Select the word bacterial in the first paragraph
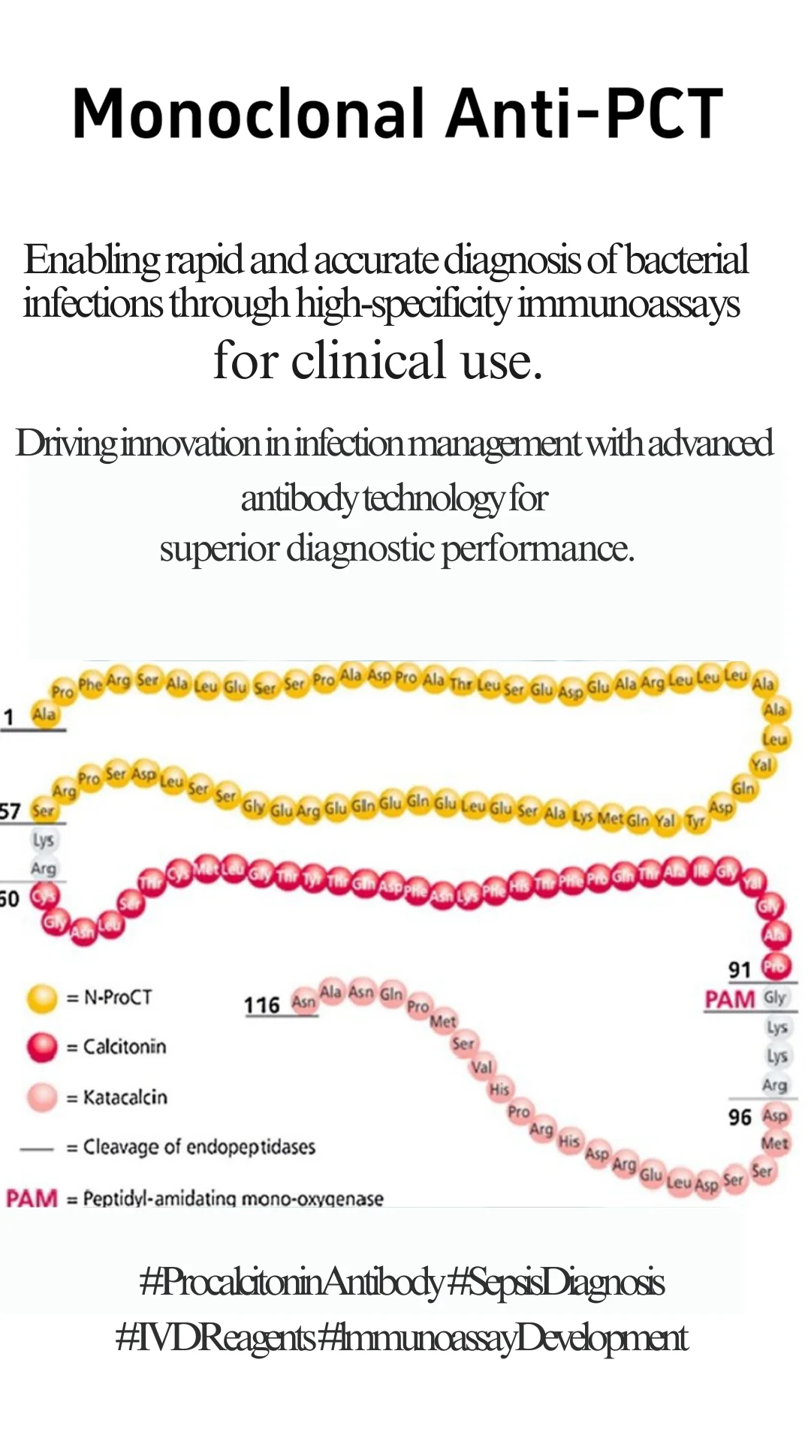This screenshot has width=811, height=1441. point(686,260)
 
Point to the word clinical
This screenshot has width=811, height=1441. point(368,360)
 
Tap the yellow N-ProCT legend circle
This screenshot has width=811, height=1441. point(42,997)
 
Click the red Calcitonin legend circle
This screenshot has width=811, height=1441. point(42,1047)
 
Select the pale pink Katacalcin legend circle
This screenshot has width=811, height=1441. point(42,1097)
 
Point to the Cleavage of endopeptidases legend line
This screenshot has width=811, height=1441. point(37,1148)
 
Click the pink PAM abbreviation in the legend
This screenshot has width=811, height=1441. point(32,1198)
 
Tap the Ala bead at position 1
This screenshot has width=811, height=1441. point(44,714)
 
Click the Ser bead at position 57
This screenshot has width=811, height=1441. point(43,811)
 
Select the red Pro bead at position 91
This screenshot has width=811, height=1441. point(775,967)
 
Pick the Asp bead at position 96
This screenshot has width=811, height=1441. point(775,1116)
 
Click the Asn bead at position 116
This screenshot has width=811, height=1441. point(303,1003)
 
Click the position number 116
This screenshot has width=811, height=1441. point(261,1005)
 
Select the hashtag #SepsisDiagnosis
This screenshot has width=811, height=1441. point(556,1283)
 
